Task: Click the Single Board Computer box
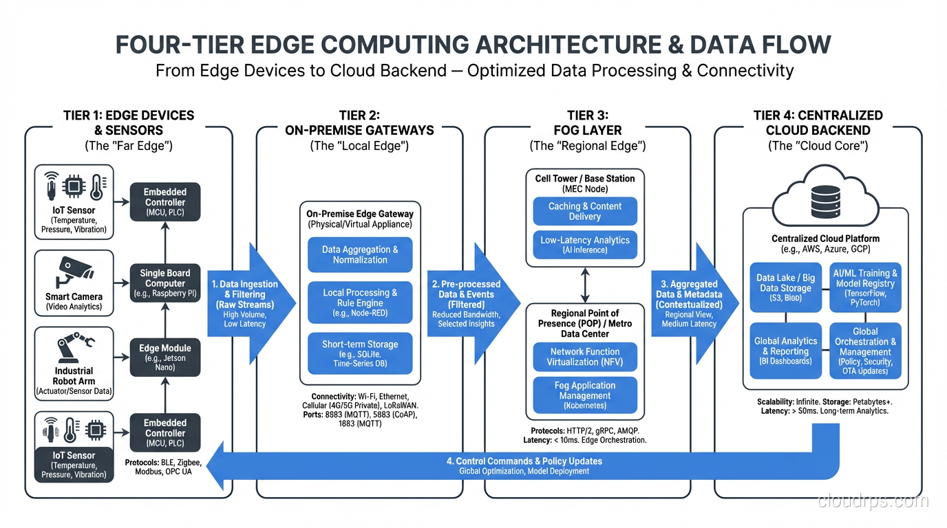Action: pos(165,283)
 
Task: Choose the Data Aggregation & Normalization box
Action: pos(360,254)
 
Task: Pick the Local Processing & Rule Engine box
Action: pos(360,302)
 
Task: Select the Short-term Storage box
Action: pos(360,353)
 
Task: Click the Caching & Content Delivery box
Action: pos(585,211)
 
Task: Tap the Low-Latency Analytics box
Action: pos(585,245)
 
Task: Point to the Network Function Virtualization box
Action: pos(585,357)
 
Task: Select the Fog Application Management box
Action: pos(585,395)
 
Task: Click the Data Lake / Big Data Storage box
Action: pos(785,287)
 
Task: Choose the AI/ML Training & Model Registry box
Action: pos(865,287)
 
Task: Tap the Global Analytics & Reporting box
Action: pos(785,351)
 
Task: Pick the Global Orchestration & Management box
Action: pos(865,351)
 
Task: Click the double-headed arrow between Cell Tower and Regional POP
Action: pos(585,285)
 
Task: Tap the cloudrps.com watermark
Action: pos(873,501)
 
